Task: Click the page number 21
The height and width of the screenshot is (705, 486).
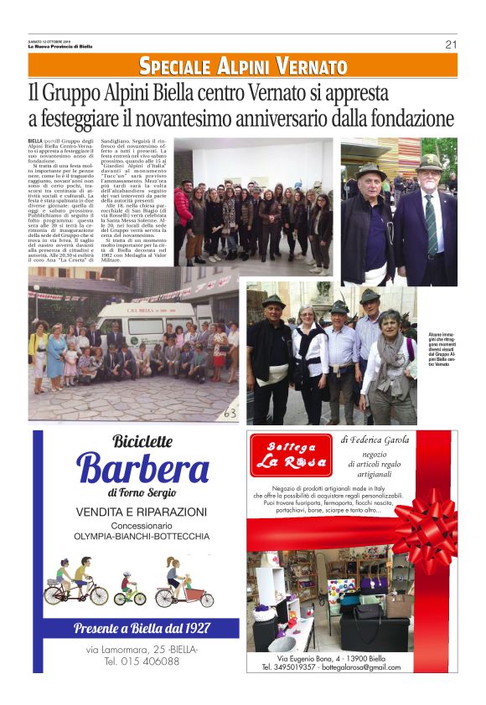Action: click(x=451, y=44)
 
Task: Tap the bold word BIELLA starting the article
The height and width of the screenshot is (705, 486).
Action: click(x=35, y=142)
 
